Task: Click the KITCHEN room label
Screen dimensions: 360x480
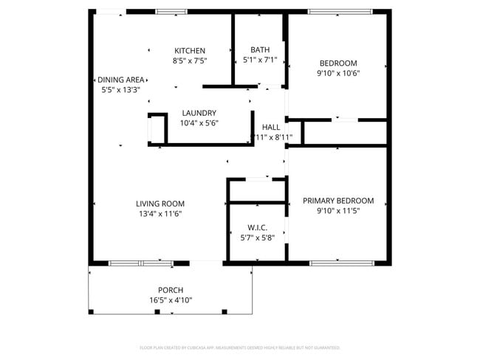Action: (189, 50)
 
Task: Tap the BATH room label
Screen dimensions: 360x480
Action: (260, 50)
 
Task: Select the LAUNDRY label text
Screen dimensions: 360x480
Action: (199, 113)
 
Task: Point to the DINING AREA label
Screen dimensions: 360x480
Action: (120, 80)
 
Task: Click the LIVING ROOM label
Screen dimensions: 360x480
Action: (160, 204)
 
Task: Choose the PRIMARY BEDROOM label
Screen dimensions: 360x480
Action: (338, 201)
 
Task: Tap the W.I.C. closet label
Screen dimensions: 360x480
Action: (257, 228)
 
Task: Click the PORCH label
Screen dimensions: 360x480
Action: (170, 290)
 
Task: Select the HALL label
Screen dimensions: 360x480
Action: (271, 127)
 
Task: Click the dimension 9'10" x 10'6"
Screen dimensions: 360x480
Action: (338, 73)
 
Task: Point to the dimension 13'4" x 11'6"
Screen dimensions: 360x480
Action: (160, 213)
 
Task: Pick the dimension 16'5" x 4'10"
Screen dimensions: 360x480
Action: (170, 300)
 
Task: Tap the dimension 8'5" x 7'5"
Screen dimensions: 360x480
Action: (189, 60)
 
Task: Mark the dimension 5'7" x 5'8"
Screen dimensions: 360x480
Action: (257, 238)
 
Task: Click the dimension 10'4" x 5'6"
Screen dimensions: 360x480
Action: (199, 123)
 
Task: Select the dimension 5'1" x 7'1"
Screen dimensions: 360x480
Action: (260, 60)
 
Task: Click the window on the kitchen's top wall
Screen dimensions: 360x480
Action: (171, 11)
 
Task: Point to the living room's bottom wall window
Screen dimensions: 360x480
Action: (140, 263)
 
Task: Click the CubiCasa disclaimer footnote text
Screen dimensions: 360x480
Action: (240, 347)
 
